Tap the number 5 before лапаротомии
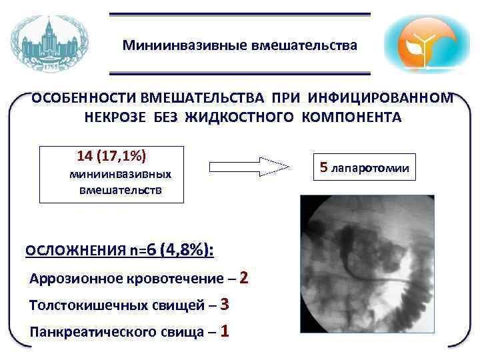click(324, 167)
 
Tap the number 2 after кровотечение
click(243, 277)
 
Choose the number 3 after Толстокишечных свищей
click(224, 304)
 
